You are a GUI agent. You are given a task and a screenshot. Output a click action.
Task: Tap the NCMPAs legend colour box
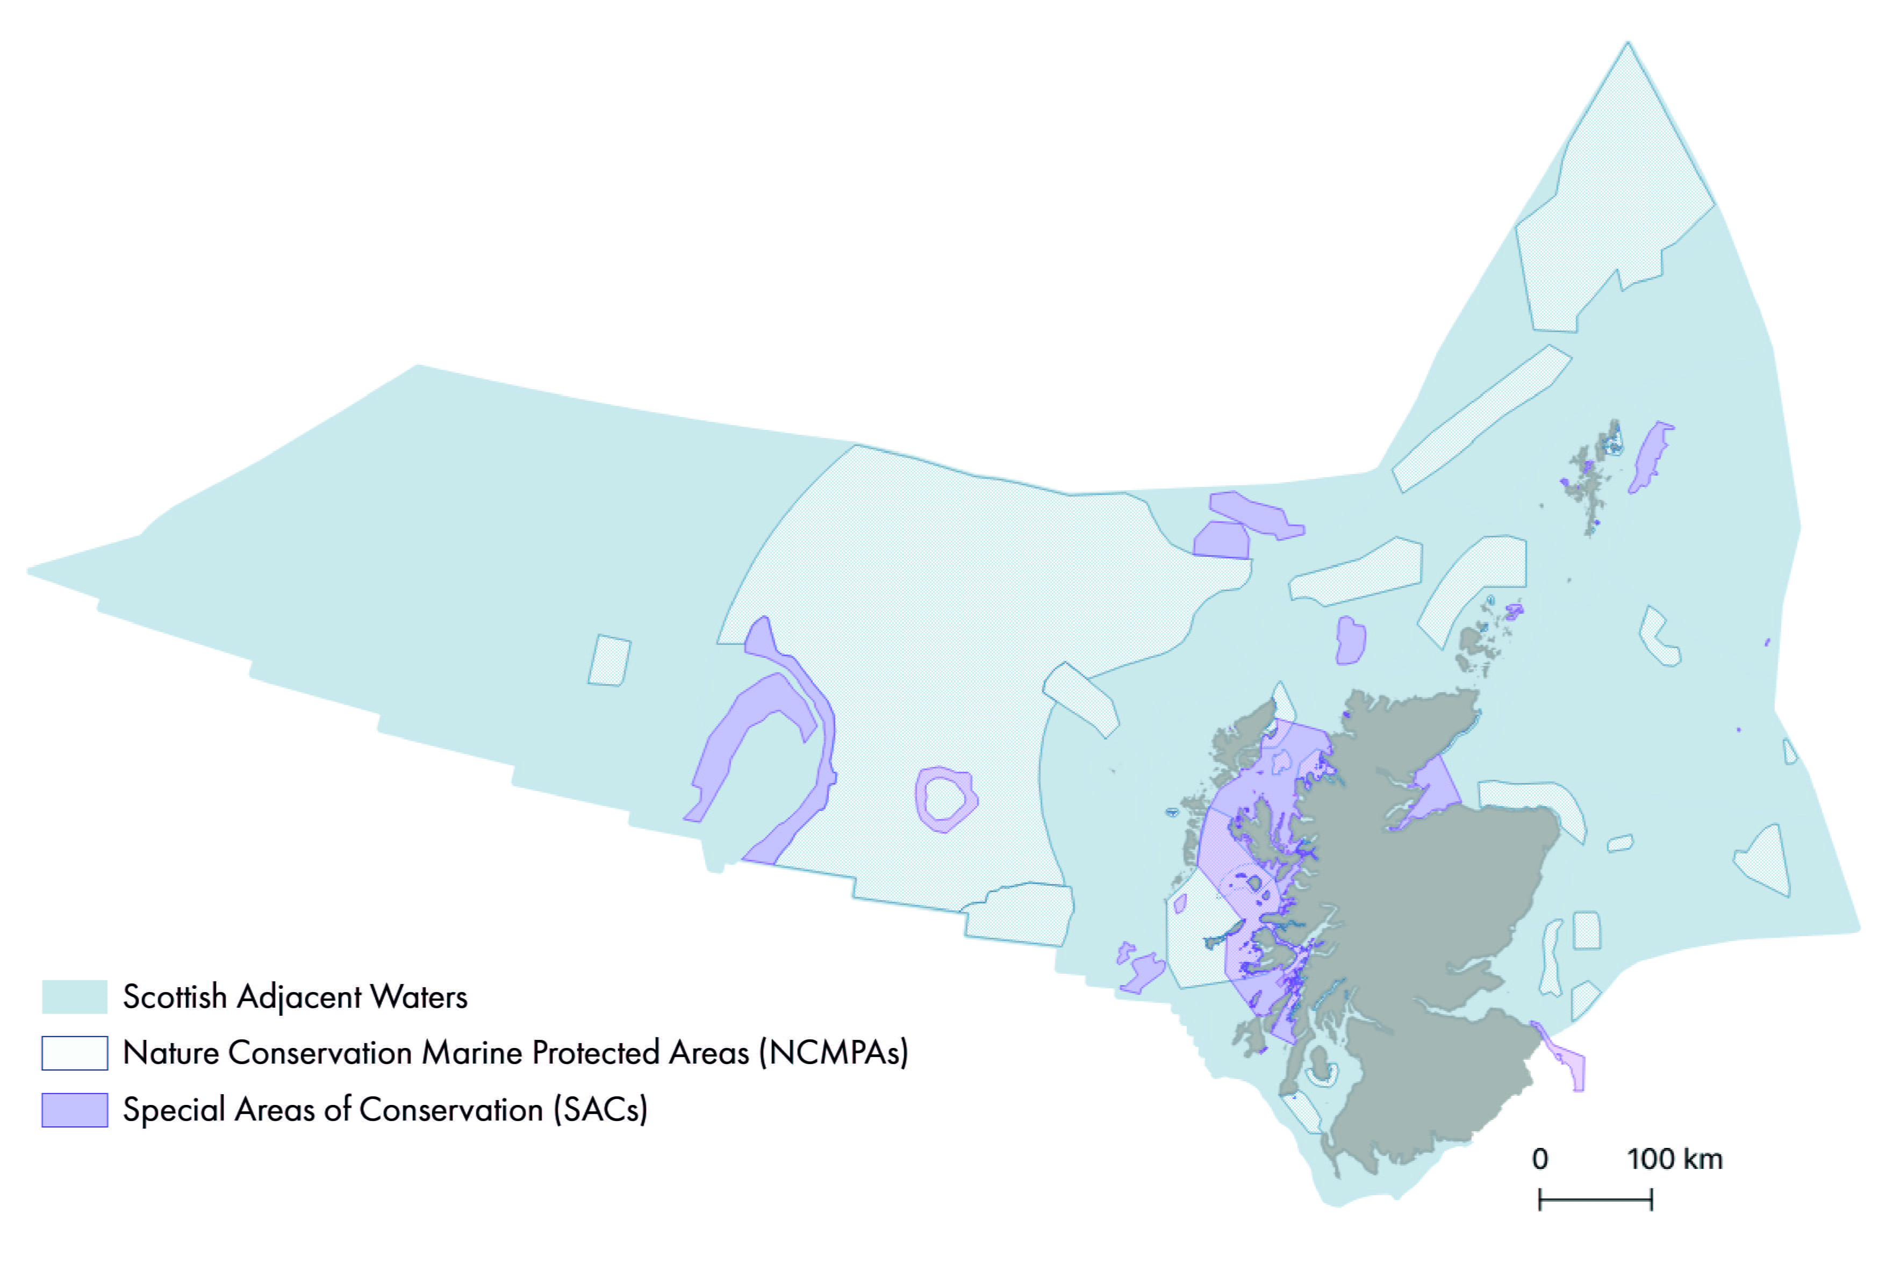coord(74,1053)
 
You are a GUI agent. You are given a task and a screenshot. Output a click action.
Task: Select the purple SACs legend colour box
coord(74,1110)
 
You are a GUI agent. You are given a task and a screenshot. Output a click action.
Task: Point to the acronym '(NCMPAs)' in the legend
coord(834,1053)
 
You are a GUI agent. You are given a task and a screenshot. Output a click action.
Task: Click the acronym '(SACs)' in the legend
coord(600,1110)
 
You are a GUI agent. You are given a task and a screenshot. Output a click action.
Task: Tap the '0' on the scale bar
coord(1539,1159)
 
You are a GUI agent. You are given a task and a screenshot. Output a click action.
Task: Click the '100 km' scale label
coord(1674,1159)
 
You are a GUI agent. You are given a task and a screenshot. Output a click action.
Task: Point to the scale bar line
coord(1595,1200)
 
